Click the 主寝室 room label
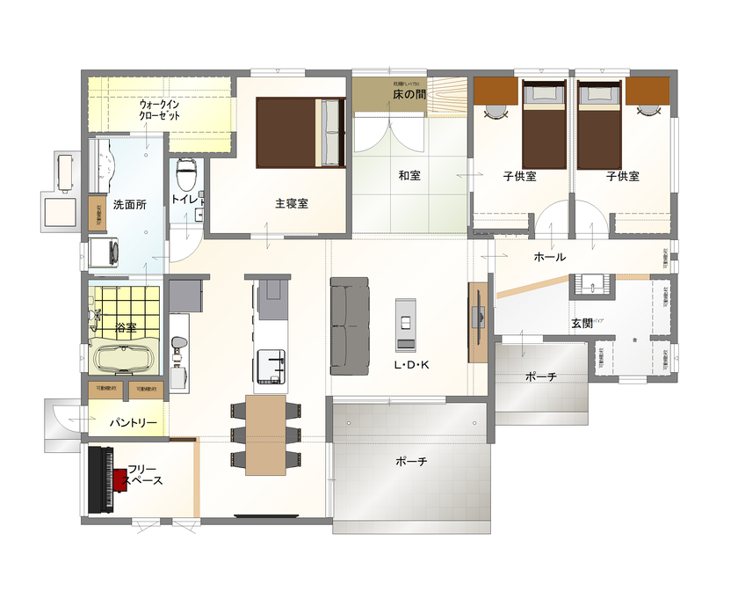(x=291, y=203)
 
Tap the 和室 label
(x=409, y=176)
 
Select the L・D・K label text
(x=410, y=364)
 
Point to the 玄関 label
(x=582, y=324)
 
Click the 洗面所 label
(x=129, y=203)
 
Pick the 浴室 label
(x=126, y=328)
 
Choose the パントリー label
(x=133, y=423)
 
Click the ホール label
(x=550, y=257)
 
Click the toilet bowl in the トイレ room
(x=186, y=175)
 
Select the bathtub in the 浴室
(x=123, y=359)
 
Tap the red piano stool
(x=119, y=480)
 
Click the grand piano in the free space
(x=101, y=480)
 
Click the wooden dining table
(x=266, y=435)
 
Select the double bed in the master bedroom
(x=300, y=132)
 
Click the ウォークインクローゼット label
(x=160, y=110)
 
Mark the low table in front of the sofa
(x=406, y=324)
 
